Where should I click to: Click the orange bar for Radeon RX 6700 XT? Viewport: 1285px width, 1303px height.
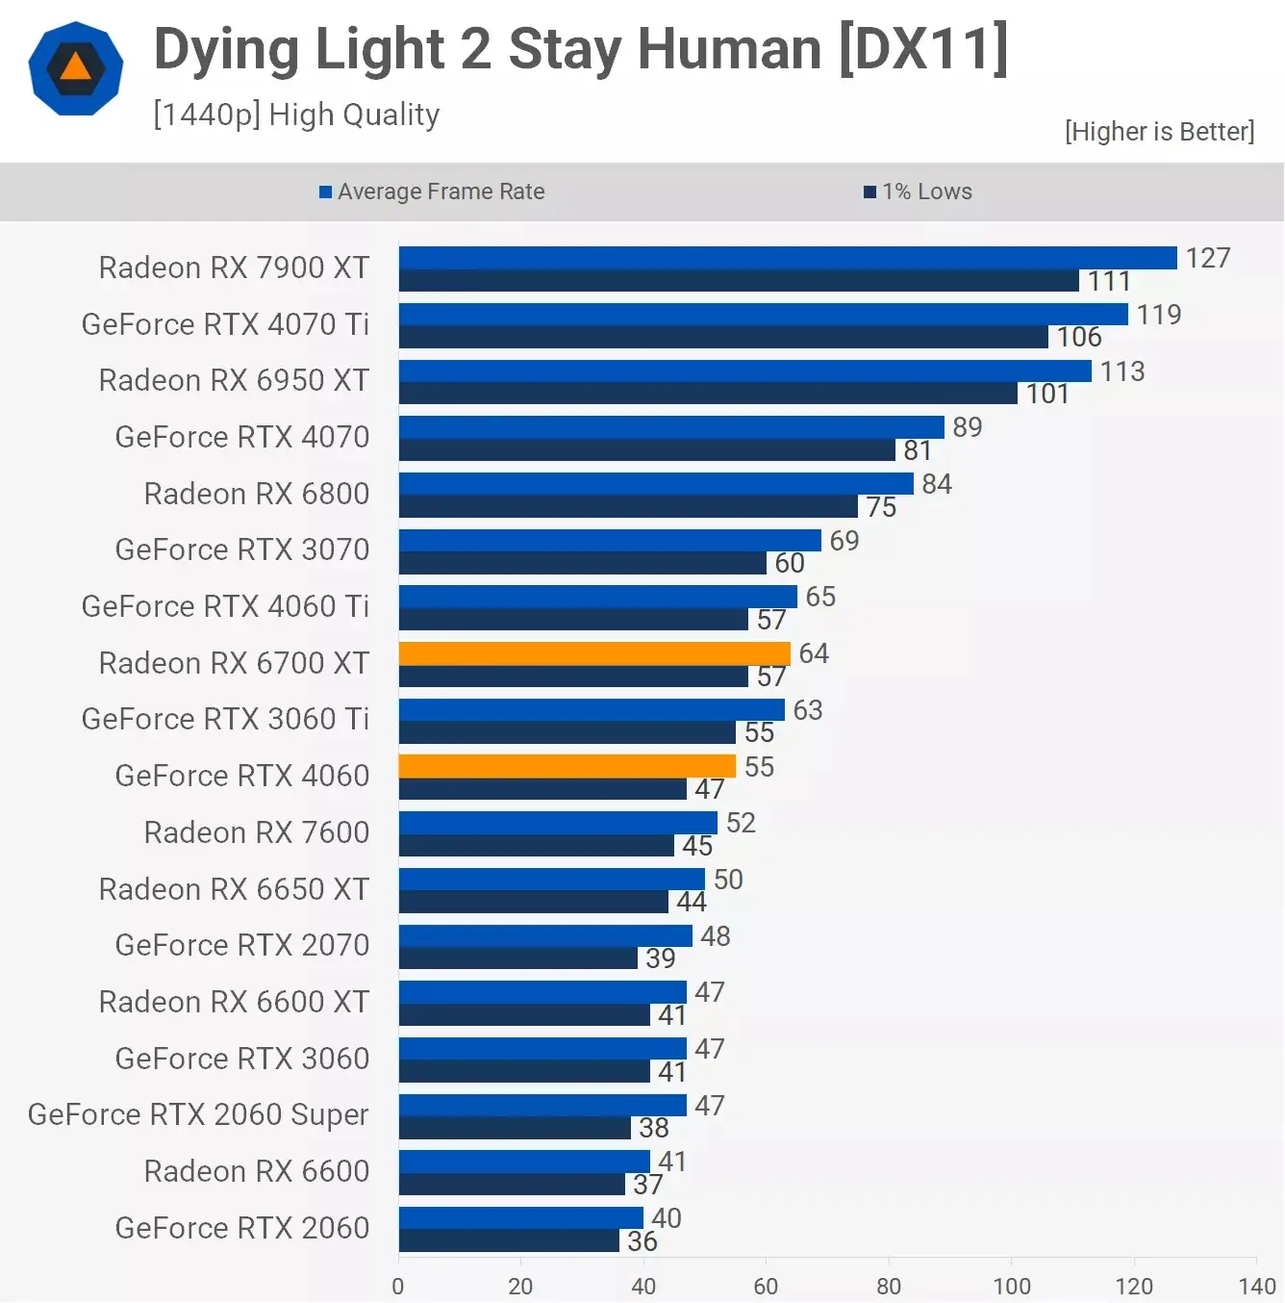coord(593,653)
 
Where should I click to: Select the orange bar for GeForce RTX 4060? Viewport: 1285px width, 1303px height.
coord(567,766)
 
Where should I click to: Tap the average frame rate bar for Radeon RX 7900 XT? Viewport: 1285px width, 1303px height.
coord(787,258)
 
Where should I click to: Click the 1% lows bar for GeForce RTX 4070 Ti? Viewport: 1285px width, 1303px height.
coord(722,337)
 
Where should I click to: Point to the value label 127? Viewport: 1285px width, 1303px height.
coord(1207,258)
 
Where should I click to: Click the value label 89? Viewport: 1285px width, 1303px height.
coord(967,427)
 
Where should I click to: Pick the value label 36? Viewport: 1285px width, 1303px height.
coord(642,1241)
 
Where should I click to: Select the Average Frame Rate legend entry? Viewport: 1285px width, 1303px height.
coord(432,192)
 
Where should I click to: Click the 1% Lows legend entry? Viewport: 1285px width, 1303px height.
coord(919,192)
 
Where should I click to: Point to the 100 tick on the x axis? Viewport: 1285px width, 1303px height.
coord(1011,1286)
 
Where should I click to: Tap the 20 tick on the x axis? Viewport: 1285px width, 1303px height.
coord(520,1286)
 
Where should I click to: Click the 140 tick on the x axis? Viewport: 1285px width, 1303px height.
coord(1256,1286)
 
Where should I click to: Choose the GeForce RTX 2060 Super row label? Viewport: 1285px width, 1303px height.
coord(198,1114)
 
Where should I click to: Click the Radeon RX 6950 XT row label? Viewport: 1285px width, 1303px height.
coord(234,380)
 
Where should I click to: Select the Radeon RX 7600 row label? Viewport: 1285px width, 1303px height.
coord(256,832)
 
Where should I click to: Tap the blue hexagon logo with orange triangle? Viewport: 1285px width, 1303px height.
coord(76,68)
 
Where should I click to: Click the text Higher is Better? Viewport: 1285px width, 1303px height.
coord(1159,131)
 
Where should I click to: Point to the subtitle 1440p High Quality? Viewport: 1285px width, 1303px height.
coord(296,115)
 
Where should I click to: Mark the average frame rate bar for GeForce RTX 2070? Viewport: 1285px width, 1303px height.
coord(544,935)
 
